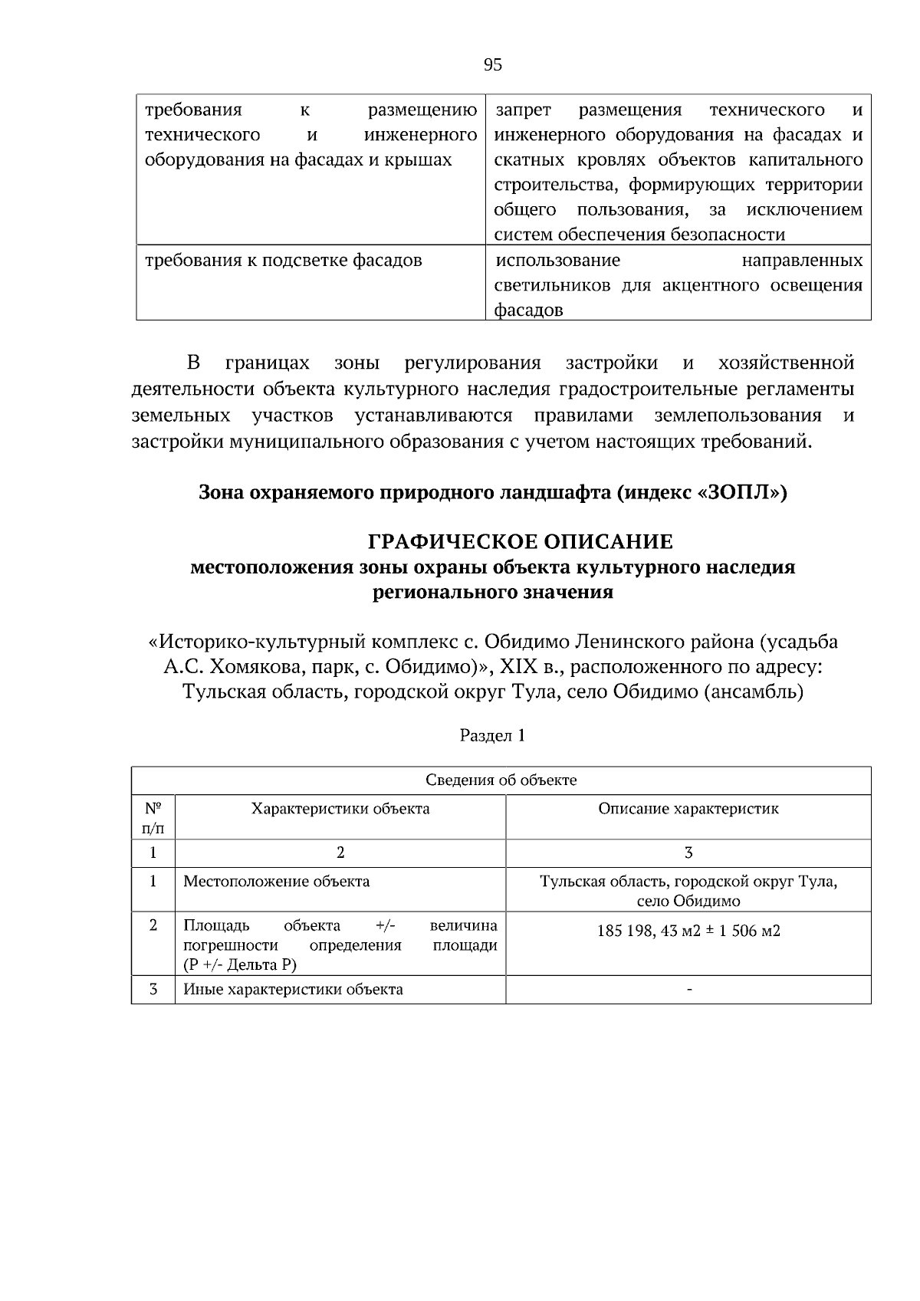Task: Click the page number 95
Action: tap(493, 65)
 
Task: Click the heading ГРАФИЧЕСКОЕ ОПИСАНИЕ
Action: tap(521, 542)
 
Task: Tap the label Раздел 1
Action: tap(492, 736)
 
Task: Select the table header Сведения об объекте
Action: tap(501, 780)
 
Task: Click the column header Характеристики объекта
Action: tap(340, 809)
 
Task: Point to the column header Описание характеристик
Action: tap(688, 809)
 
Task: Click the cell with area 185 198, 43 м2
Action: tap(688, 931)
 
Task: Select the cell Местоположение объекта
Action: tap(276, 882)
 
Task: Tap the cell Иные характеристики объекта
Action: tap(293, 990)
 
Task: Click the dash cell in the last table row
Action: tap(688, 991)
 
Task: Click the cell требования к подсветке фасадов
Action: tap(284, 261)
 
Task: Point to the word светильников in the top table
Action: tap(546, 286)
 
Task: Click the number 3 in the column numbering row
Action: tap(688, 853)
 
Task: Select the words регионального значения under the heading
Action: tap(492, 593)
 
